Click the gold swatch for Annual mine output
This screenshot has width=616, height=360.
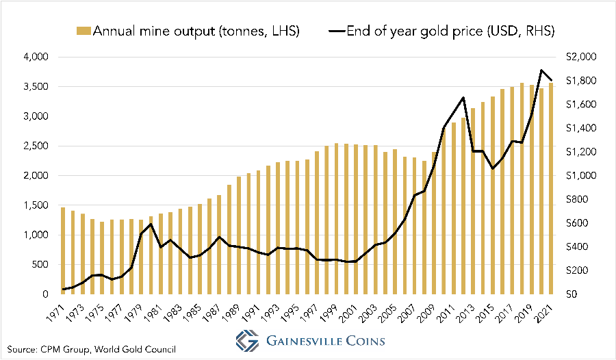coord(84,31)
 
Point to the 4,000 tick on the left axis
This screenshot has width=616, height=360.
coord(36,57)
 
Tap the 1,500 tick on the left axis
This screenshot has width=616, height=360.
coord(36,205)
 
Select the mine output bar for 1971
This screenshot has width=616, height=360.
coord(63,250)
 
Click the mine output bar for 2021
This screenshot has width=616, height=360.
coord(552,188)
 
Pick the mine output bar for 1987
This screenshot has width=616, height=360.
coord(219,244)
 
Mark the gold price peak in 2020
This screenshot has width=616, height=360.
coord(542,70)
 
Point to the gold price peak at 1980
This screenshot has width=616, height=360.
coord(151,224)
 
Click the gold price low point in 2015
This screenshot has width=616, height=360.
coord(493,168)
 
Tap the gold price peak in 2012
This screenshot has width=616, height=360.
coord(463,97)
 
